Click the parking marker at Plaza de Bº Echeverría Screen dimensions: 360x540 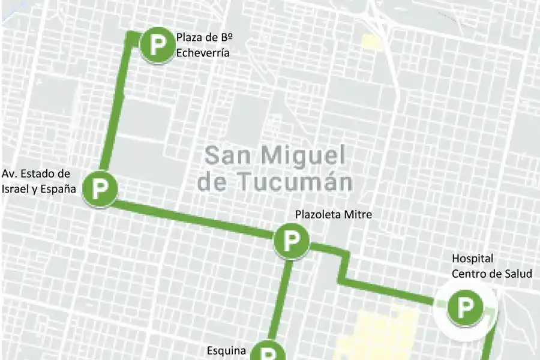[157, 45]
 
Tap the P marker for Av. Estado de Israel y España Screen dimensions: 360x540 [99, 189]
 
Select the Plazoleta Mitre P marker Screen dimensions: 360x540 [292, 241]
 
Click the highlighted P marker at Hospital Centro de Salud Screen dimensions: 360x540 [465, 307]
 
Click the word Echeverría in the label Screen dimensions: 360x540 [203, 53]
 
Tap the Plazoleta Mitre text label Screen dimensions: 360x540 [333, 214]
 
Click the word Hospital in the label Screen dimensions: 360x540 [472, 259]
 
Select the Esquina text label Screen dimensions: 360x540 [226, 350]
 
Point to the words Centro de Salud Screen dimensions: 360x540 [491, 274]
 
